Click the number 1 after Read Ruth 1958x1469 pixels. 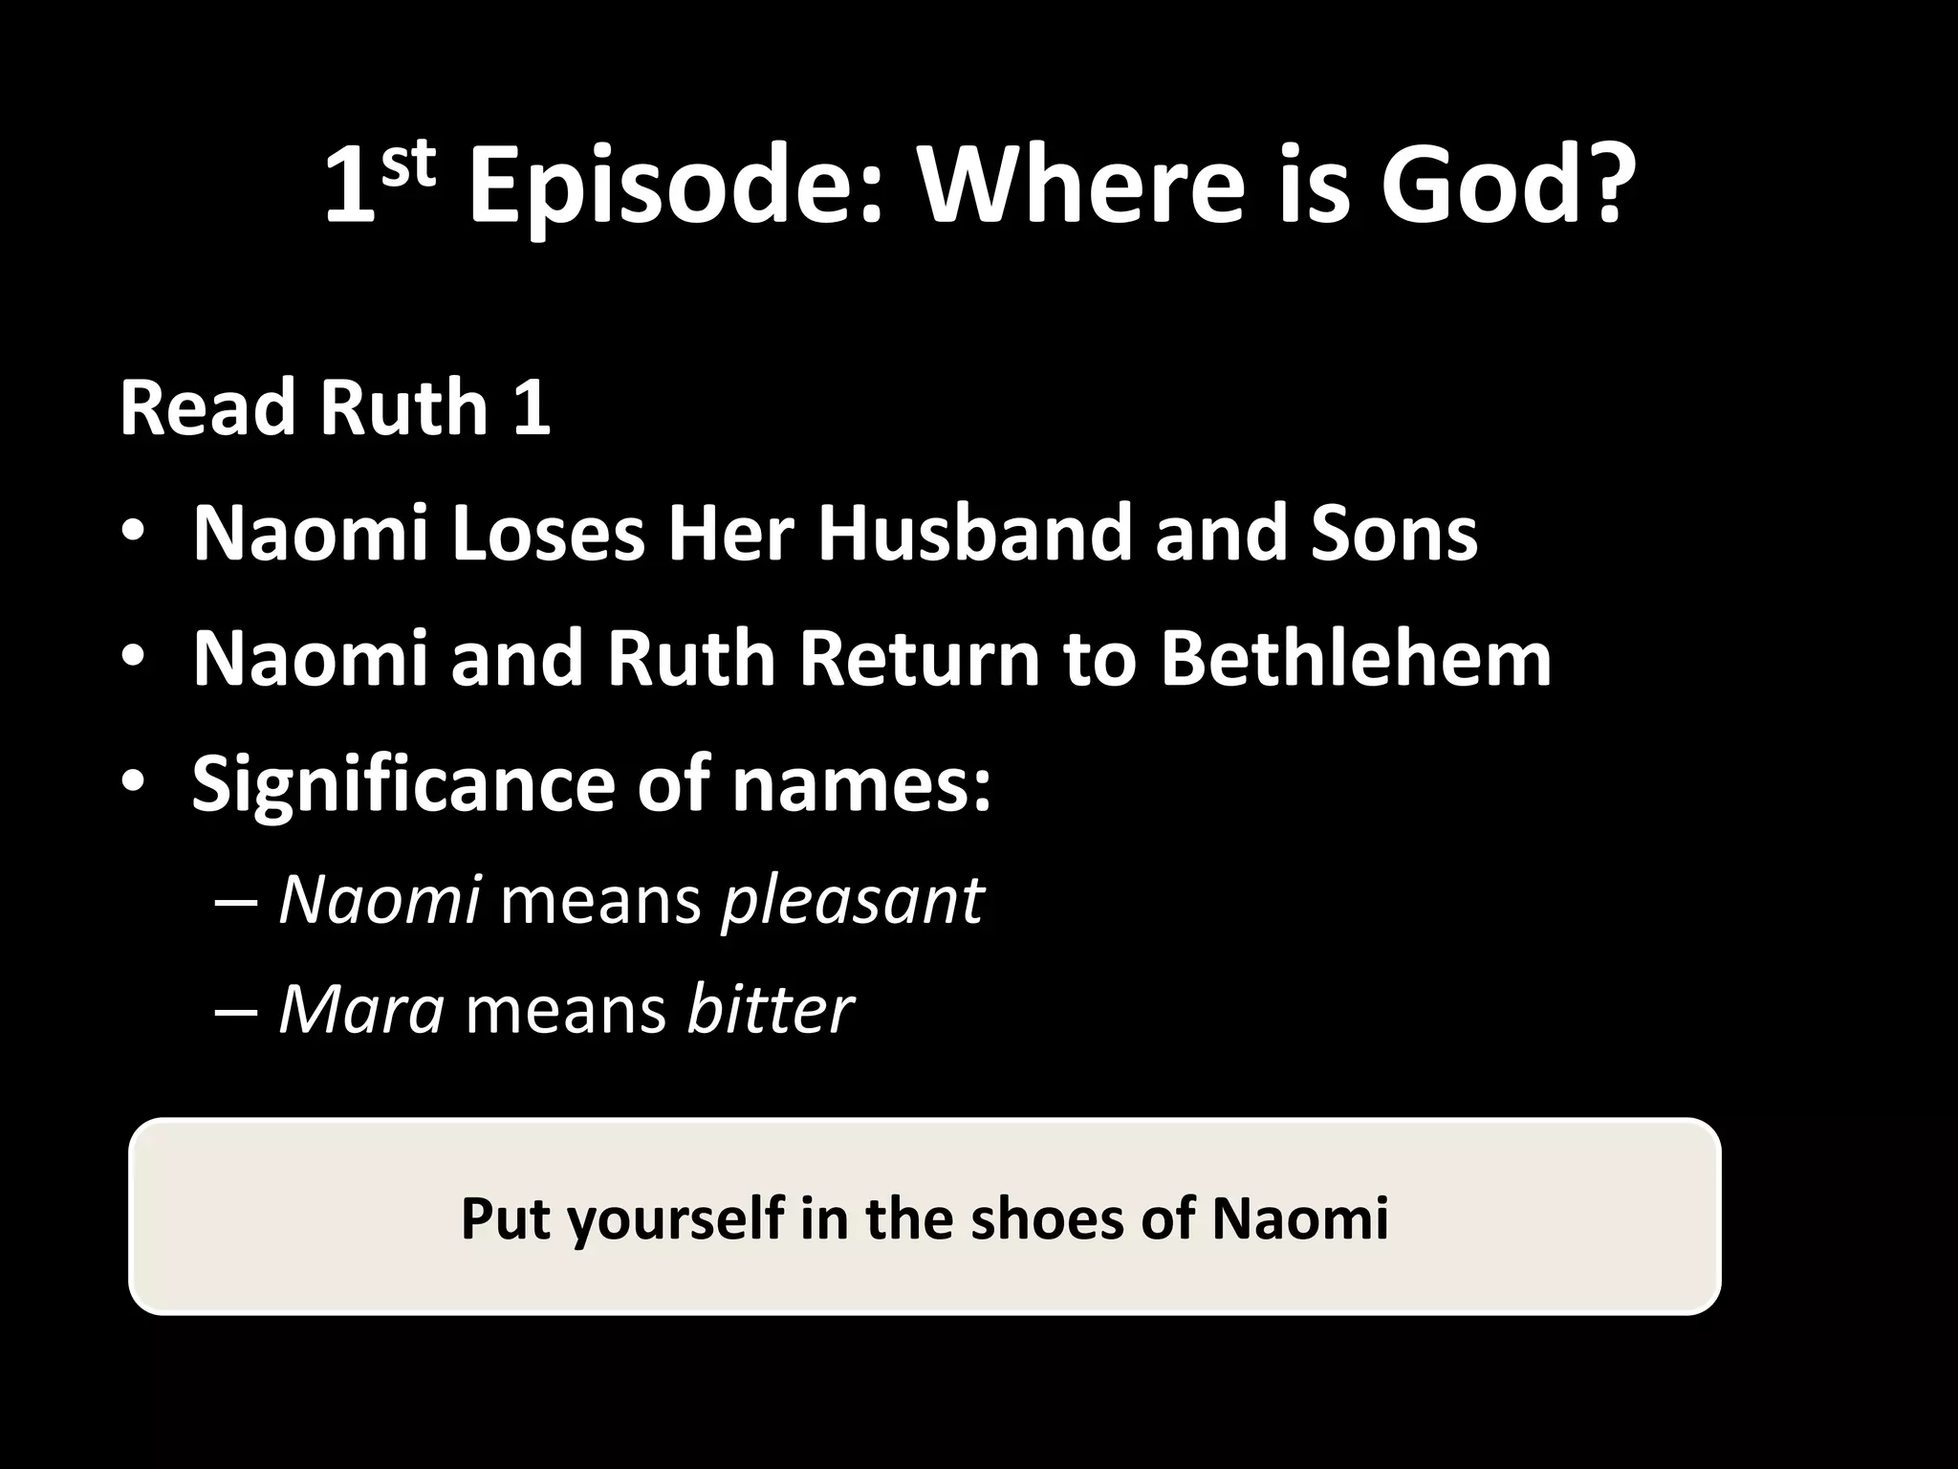click(532, 407)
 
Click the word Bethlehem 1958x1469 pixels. click(1355, 659)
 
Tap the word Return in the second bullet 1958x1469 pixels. click(919, 659)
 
